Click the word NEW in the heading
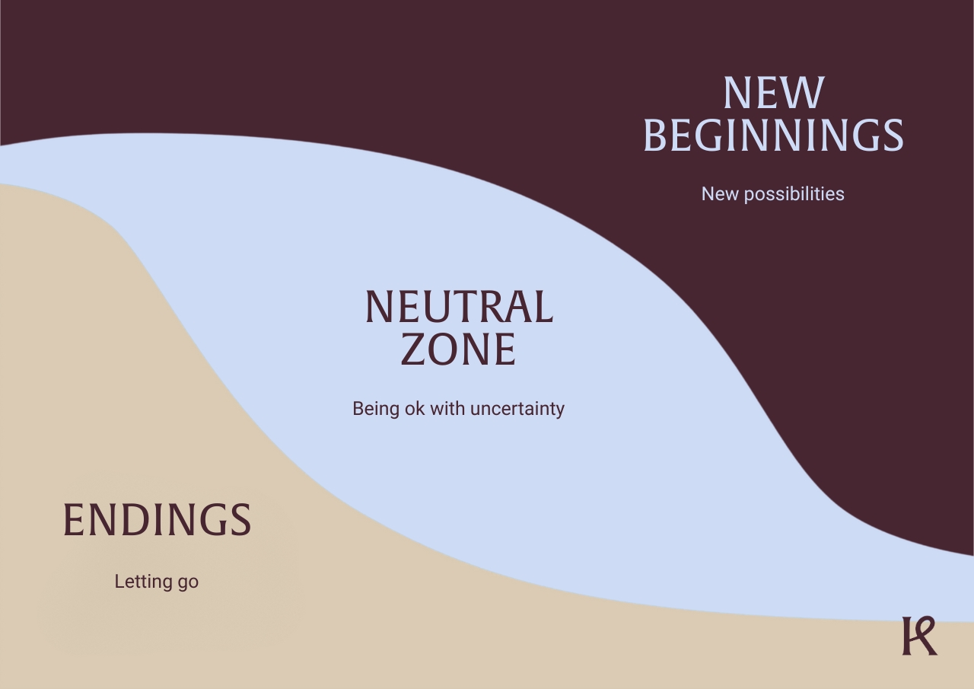[x=774, y=93]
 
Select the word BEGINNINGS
[x=774, y=135]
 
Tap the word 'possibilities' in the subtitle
[x=794, y=194]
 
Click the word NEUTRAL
[x=459, y=307]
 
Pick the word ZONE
[x=458, y=349]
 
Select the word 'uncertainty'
[x=517, y=409]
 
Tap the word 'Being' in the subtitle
[x=376, y=409]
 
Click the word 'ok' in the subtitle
[x=415, y=409]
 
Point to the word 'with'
[x=447, y=408]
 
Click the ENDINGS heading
[x=157, y=519]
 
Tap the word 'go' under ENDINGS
[x=188, y=583]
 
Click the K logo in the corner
[x=919, y=636]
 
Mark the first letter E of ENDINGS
[x=74, y=519]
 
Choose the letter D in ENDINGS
[x=135, y=519]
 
